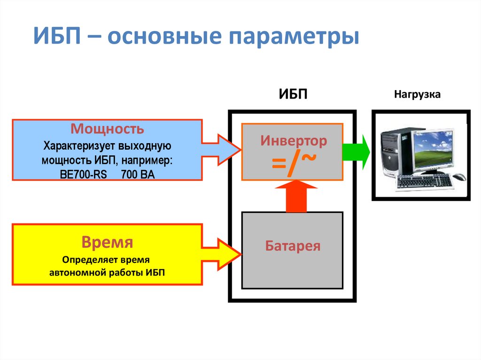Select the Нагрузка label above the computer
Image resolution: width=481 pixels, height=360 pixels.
[x=418, y=94]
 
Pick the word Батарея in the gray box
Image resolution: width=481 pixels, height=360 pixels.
[x=292, y=246]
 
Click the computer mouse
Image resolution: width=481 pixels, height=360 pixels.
[x=459, y=177]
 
